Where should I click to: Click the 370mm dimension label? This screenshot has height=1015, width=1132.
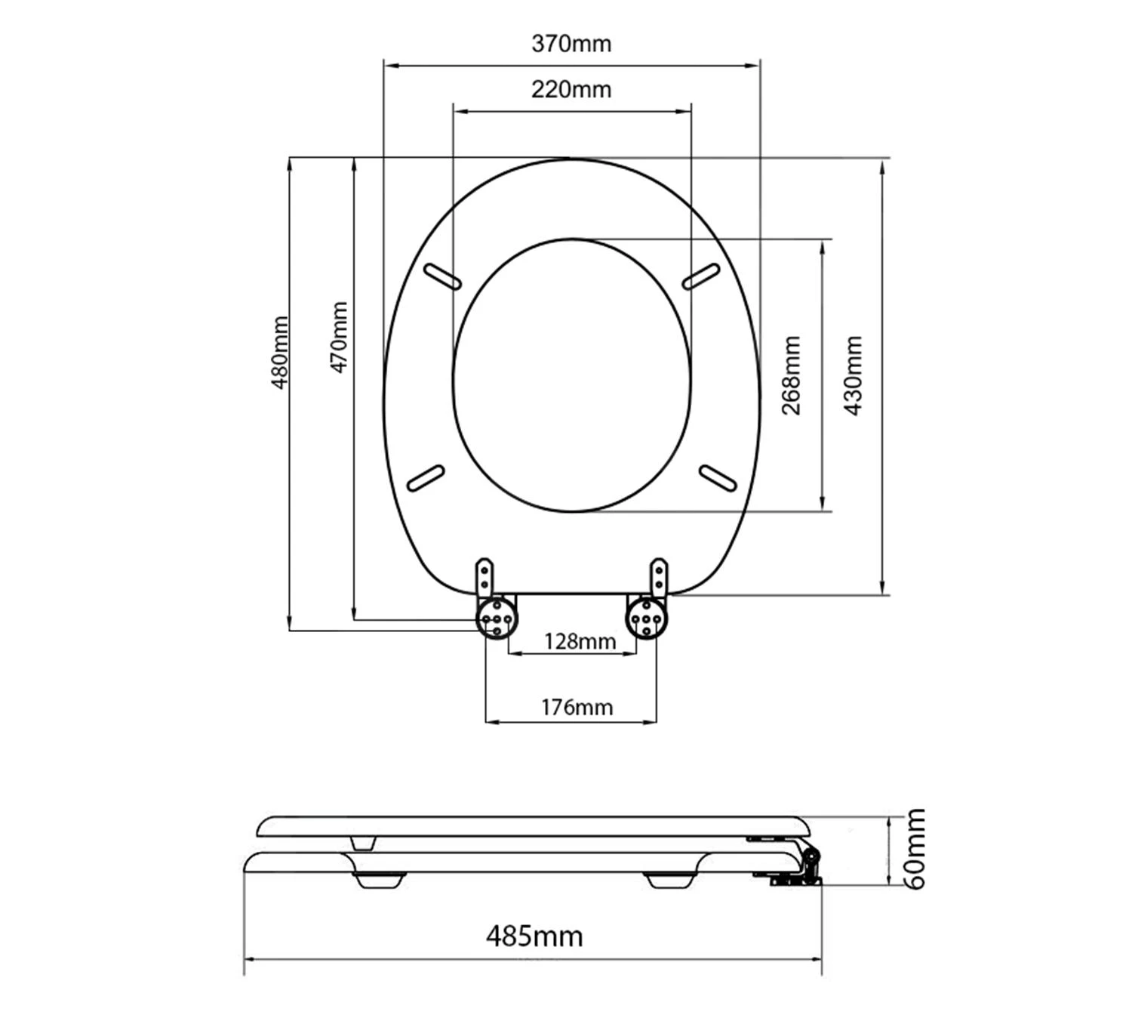571,44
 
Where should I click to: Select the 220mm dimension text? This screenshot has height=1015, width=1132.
571,89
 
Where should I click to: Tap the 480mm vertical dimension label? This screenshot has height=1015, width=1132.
279,353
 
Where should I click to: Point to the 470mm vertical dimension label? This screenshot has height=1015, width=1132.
339,338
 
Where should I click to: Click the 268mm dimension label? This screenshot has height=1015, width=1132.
791,375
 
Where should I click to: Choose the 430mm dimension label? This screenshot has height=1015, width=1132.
853,375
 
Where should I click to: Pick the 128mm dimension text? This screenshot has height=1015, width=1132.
580,641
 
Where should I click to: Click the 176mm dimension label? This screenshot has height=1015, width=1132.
577,708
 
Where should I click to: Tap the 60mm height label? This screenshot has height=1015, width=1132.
915,848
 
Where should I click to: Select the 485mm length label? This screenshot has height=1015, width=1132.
534,936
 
